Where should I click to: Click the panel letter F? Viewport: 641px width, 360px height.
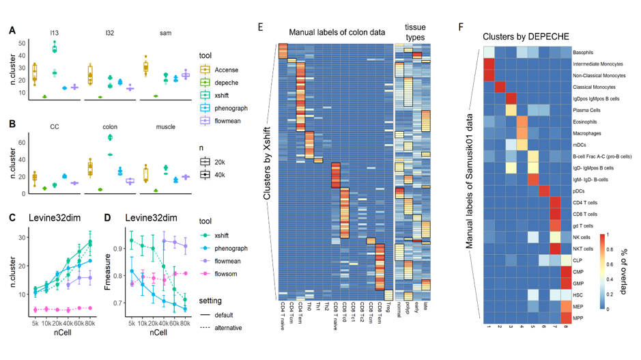pos(461,28)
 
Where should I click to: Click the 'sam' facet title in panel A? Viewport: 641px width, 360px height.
pos(165,33)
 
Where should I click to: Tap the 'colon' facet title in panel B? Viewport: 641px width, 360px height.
pos(110,126)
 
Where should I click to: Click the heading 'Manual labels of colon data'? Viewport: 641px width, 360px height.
pos(337,31)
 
